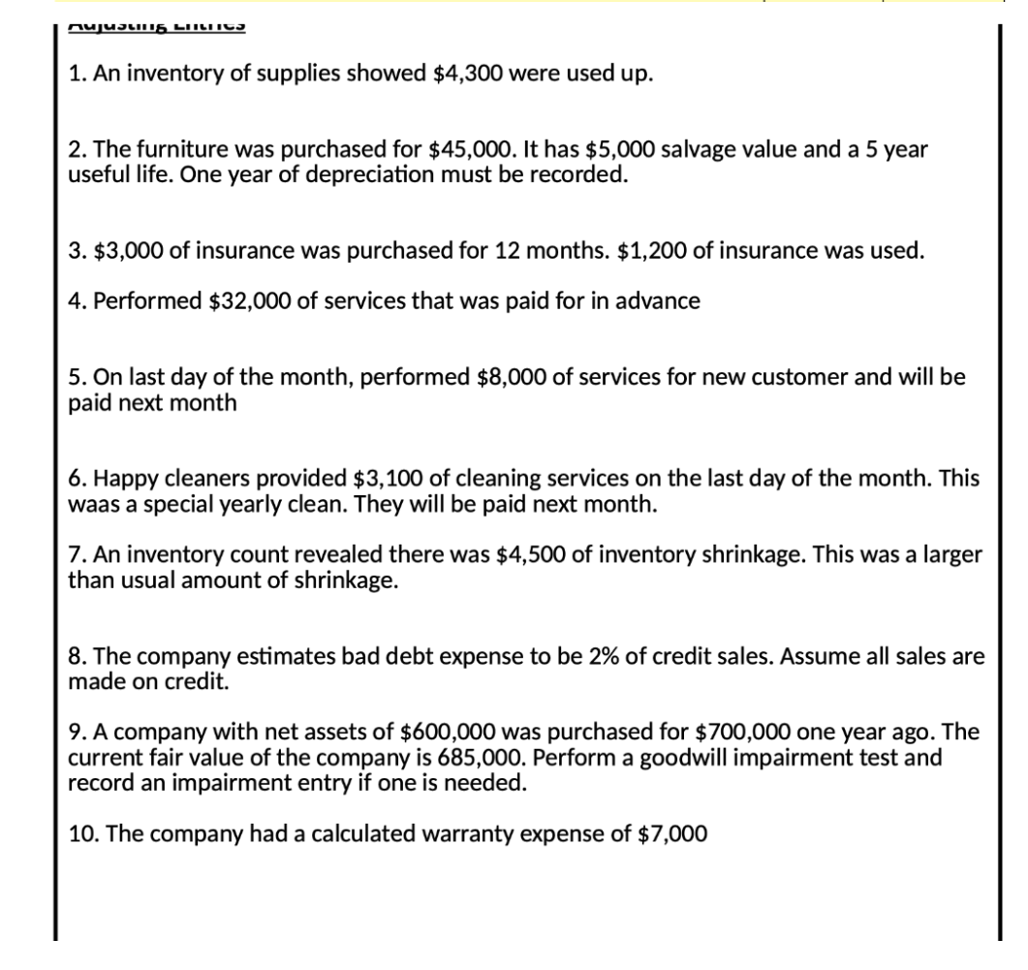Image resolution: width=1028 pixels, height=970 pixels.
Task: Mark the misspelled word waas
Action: (91, 504)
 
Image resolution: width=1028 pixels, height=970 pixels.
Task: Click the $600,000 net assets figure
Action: (439, 733)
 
